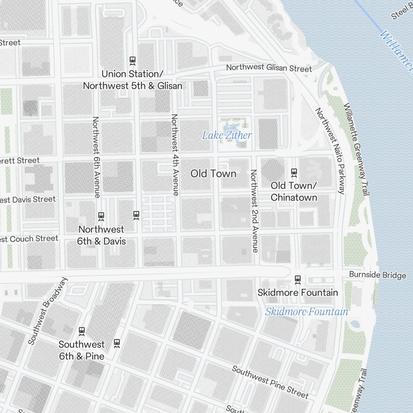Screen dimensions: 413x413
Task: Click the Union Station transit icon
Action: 133,60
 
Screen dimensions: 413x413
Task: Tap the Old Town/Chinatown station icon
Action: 294,172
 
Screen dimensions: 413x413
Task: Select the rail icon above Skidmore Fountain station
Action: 297,279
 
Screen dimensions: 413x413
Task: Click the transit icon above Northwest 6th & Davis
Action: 101,216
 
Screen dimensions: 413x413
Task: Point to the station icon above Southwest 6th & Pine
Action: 82,331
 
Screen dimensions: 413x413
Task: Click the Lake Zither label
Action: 227,135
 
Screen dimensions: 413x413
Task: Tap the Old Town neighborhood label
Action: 214,173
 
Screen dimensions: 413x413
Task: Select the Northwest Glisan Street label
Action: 269,68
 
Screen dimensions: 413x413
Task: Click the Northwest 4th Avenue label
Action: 175,154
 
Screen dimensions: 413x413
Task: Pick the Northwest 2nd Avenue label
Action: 254,211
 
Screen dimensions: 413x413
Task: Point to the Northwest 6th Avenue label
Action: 96,157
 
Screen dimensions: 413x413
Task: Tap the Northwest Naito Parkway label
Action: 330,151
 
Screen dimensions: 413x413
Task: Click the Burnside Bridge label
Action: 377,275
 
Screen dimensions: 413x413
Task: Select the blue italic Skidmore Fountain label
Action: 306,311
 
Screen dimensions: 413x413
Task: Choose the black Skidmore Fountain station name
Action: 298,292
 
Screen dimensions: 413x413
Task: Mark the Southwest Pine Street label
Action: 270,381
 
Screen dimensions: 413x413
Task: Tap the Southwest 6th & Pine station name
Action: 81,350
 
